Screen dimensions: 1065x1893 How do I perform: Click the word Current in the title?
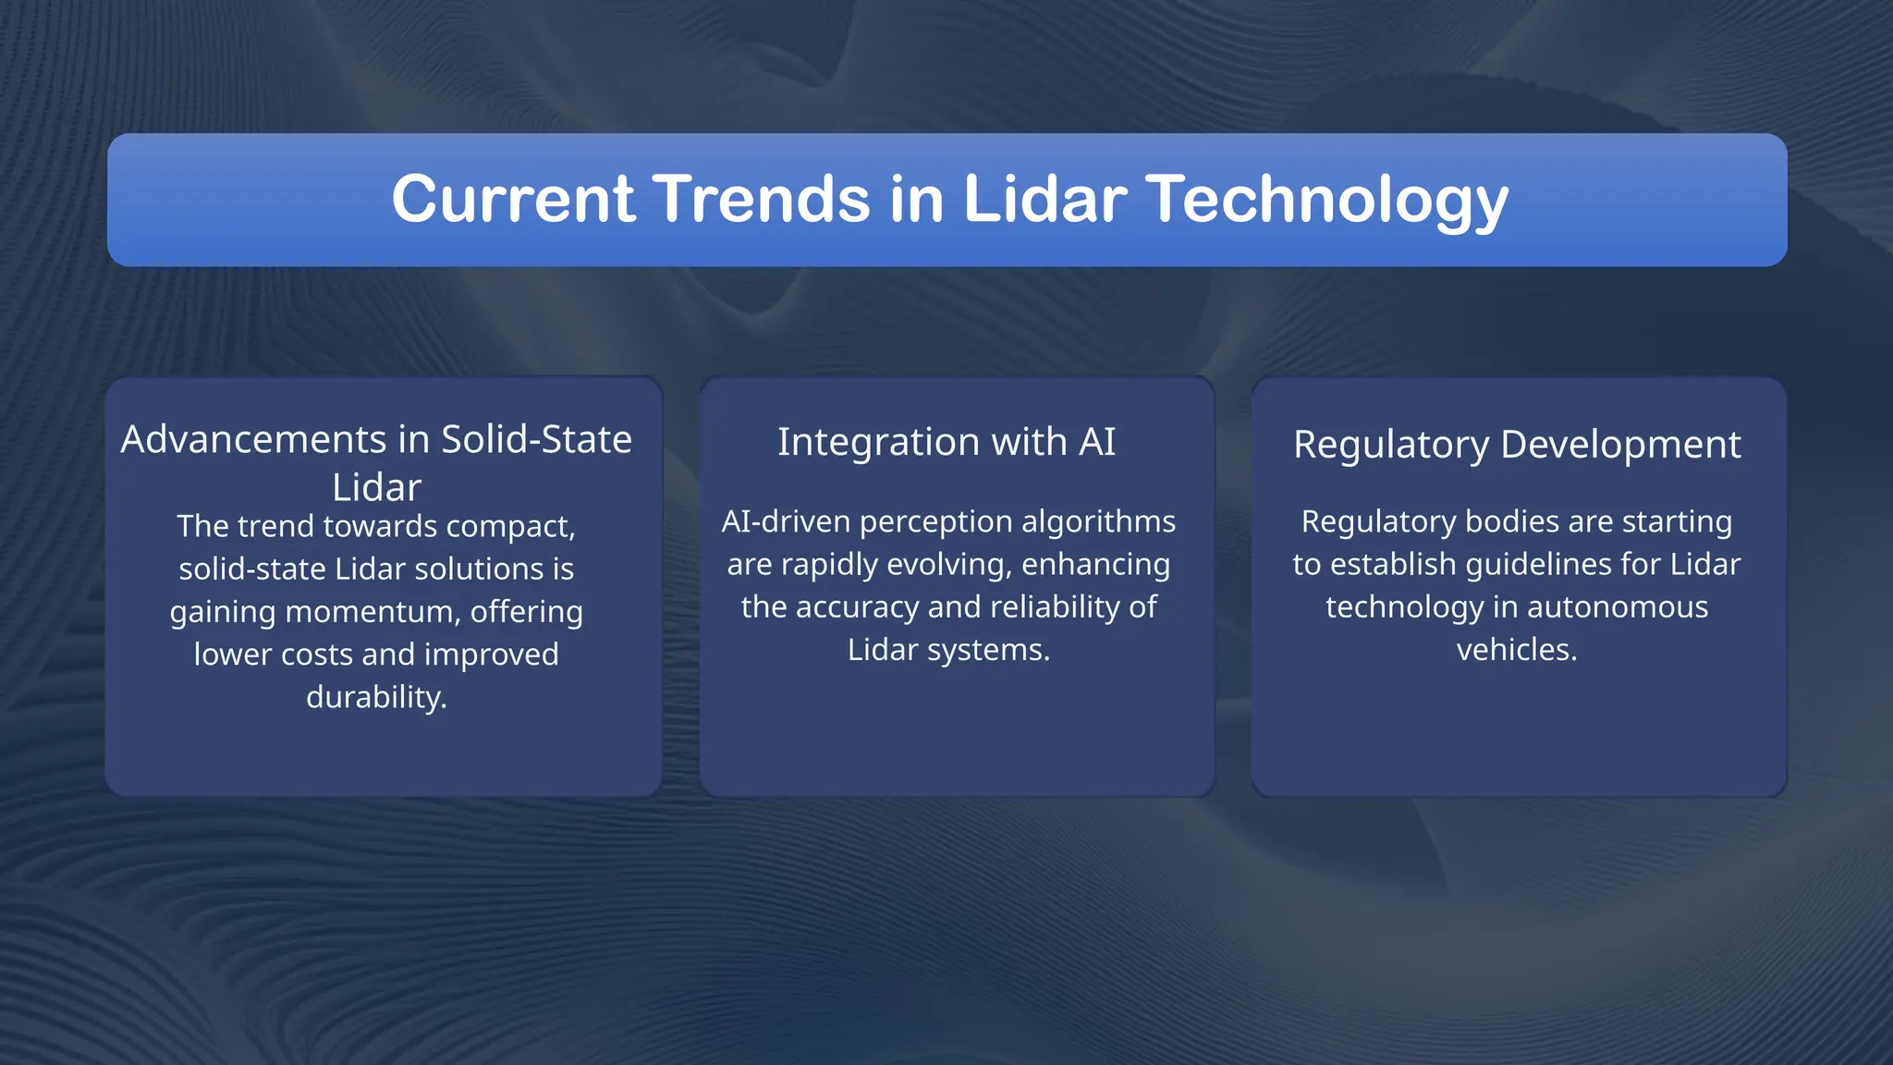pos(513,199)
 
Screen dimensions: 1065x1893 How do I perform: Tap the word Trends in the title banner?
pos(762,199)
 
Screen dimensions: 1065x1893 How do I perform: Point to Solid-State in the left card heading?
pos(536,440)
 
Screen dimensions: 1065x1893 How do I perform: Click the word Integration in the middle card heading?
pos(878,442)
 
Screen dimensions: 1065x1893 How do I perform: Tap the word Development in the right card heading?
pos(1620,445)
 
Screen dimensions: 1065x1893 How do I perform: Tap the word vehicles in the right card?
pos(1516,650)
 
